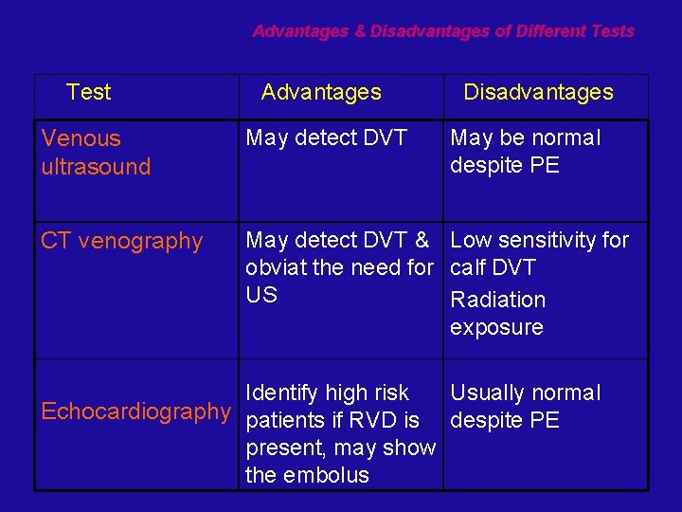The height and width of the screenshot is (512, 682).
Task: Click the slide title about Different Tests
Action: coord(443,31)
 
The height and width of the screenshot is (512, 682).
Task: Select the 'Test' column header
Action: coord(89,92)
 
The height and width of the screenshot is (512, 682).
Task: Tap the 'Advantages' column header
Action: coord(321,92)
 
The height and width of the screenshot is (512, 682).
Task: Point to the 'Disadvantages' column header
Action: coord(538,92)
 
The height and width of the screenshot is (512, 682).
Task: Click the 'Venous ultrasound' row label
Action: coord(96,152)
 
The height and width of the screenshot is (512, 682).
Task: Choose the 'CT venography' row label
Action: coord(122,241)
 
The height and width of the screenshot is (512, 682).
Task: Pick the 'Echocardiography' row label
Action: coord(135,411)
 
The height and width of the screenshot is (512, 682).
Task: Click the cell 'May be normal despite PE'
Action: coord(525,152)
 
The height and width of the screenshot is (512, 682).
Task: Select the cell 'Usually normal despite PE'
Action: coord(525,407)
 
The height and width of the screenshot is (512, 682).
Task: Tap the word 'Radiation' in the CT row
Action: coord(498,300)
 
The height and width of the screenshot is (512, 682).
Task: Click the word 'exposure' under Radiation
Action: coord(496,327)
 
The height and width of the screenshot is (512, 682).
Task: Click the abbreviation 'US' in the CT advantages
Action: coord(261,295)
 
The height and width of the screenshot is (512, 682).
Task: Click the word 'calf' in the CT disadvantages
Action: coord(470,267)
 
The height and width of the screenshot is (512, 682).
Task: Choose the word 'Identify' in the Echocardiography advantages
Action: coord(280,393)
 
